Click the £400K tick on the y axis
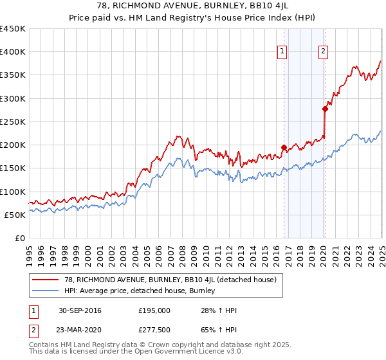[x=13, y=52]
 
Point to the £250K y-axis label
[x=13, y=122]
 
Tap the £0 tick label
[x=19, y=238]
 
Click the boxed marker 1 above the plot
[x=282, y=53]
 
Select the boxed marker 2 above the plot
[x=323, y=53]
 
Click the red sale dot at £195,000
[x=284, y=147]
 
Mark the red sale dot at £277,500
[x=325, y=109]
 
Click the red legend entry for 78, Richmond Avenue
[x=170, y=280]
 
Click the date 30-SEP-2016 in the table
[x=79, y=310]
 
